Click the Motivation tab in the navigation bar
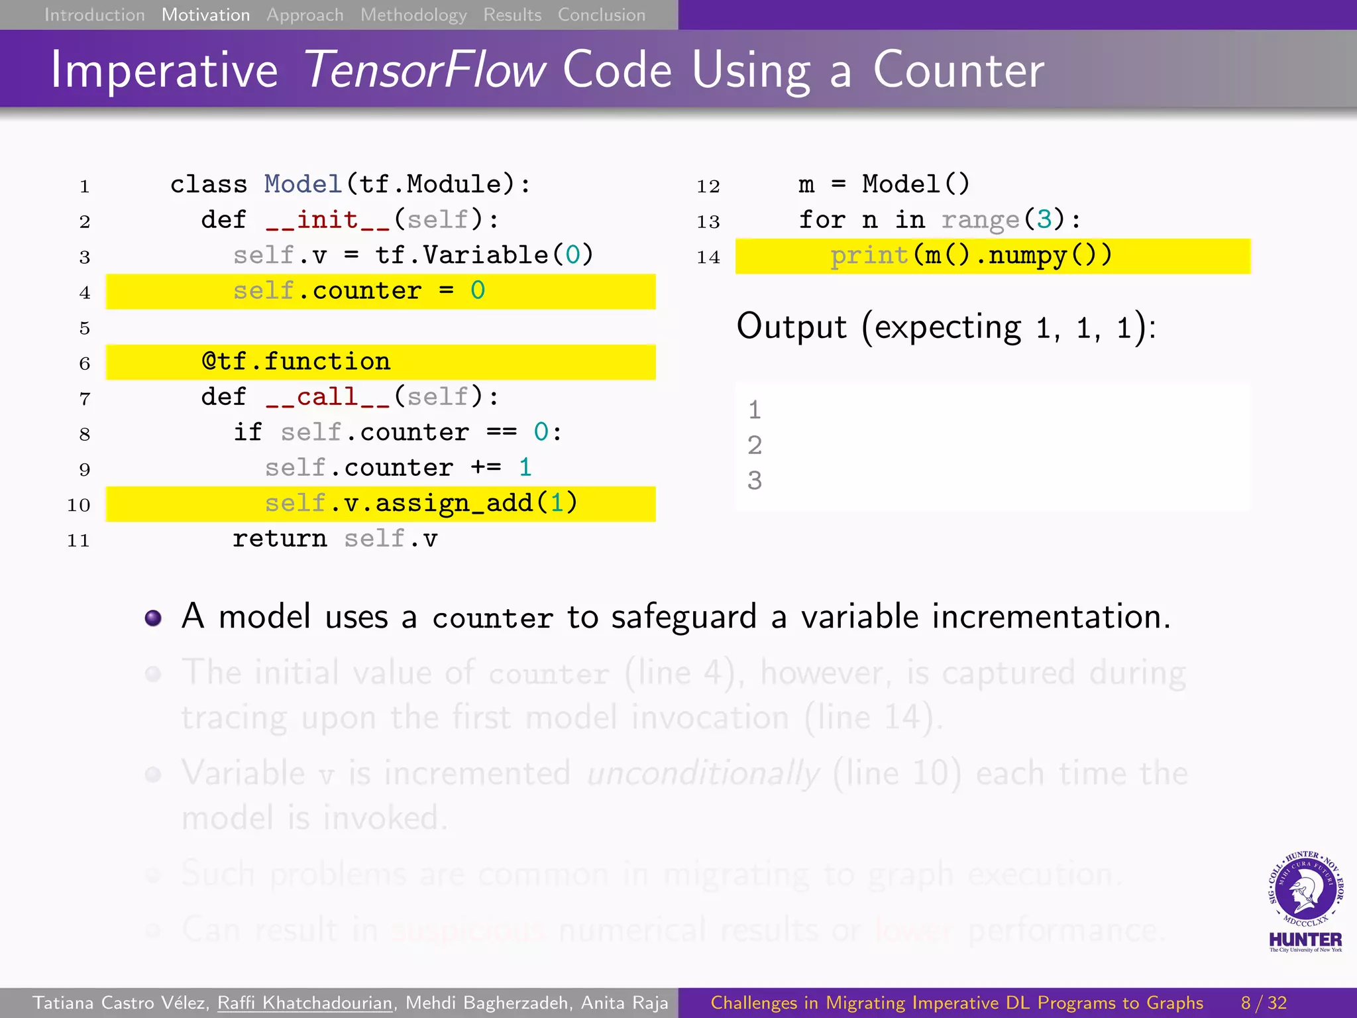click(x=205, y=15)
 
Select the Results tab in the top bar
click(x=512, y=15)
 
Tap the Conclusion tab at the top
click(x=601, y=15)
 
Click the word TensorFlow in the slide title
click(x=425, y=70)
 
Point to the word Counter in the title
click(x=958, y=70)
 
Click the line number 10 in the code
click(x=78, y=505)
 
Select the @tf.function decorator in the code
click(x=296, y=362)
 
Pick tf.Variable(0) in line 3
click(x=484, y=255)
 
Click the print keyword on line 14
click(x=869, y=255)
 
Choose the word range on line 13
click(x=980, y=219)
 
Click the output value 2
click(x=755, y=445)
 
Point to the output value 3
click(x=755, y=481)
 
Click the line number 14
click(x=708, y=257)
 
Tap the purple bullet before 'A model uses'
click(x=153, y=618)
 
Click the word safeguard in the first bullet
click(x=683, y=617)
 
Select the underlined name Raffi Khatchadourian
click(x=305, y=1003)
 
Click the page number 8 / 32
click(x=1264, y=1003)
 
